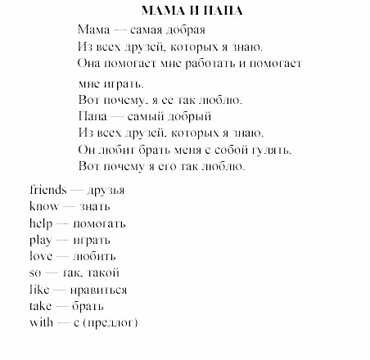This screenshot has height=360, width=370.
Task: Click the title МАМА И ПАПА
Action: [x=186, y=11]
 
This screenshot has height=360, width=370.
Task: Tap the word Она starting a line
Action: [x=91, y=62]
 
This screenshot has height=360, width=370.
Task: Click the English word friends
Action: [x=47, y=190]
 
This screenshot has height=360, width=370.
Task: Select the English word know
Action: [x=42, y=206]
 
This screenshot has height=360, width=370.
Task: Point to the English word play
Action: [x=39, y=240]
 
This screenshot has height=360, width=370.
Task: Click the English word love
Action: [x=40, y=256]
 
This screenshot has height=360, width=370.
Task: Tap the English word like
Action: [x=38, y=290]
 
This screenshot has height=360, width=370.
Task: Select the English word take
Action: [x=39, y=306]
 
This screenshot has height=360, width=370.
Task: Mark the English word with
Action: [x=39, y=322]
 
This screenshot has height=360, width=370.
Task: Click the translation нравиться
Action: [x=97, y=290]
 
